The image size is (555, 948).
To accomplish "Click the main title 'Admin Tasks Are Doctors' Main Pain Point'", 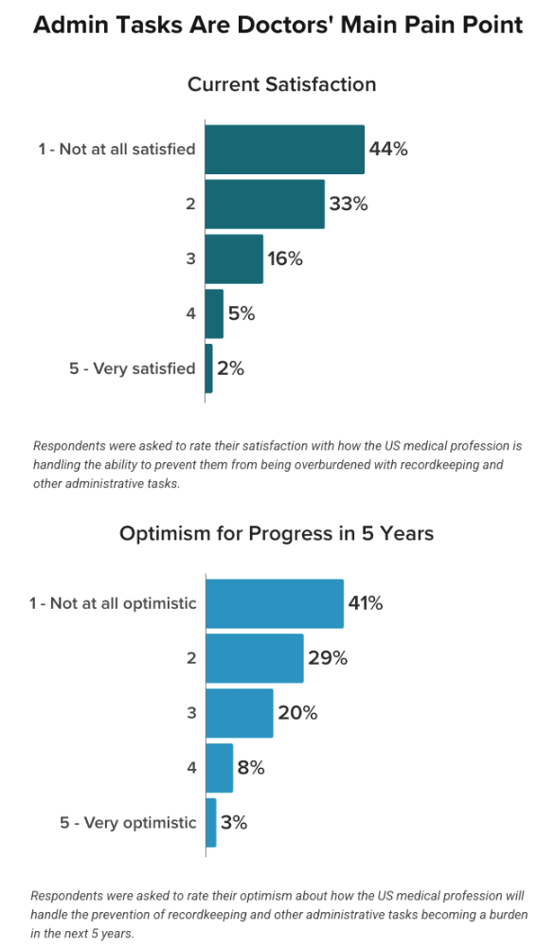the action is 278,26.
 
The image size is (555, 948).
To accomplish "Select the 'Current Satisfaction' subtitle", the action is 281,84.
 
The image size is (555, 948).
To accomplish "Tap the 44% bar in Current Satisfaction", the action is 285,150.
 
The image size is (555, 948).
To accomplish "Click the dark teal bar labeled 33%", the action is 265,205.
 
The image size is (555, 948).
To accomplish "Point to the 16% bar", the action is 234,259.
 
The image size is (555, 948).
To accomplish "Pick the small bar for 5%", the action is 214,313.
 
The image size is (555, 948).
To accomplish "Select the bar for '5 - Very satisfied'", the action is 208,368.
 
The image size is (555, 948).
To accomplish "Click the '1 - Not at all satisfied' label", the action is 116,149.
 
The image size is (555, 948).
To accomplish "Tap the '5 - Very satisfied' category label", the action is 133,368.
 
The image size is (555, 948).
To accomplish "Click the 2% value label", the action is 231,368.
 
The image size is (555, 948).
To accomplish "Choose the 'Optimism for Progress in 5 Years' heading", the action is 277,534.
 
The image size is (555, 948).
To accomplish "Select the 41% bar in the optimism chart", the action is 275,603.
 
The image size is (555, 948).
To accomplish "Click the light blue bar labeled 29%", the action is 255,658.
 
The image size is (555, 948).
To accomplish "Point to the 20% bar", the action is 240,713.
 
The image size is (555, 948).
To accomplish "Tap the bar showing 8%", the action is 220,768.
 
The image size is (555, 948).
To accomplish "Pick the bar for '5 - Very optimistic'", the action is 211,823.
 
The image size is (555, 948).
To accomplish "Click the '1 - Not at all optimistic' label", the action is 113,603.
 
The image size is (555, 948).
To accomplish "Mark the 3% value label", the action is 234,822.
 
